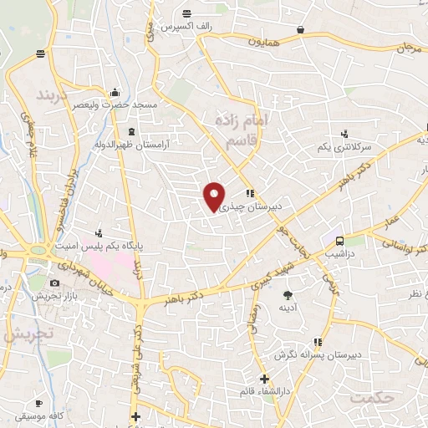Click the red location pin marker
[215, 196]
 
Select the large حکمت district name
[372, 397]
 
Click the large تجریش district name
[27, 333]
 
